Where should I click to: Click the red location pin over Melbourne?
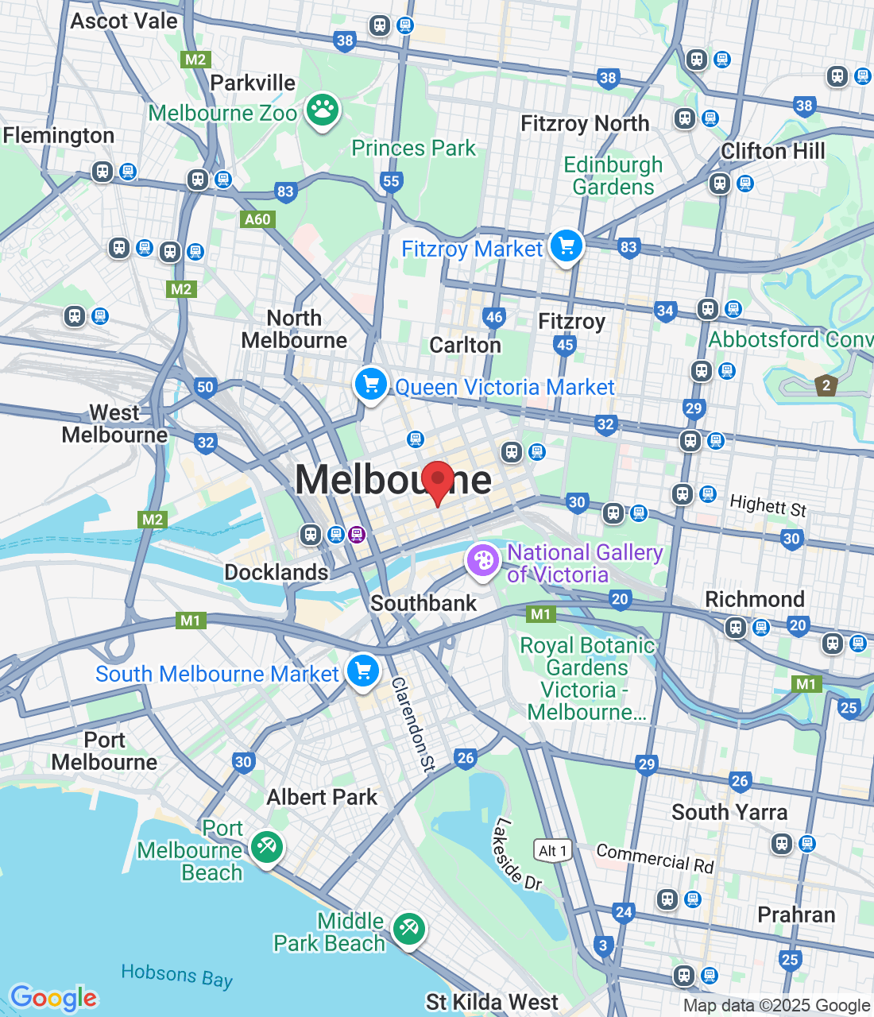pyautogui.click(x=437, y=481)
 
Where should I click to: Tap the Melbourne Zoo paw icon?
pyautogui.click(x=322, y=110)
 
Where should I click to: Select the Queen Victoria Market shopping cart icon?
pyautogui.click(x=370, y=385)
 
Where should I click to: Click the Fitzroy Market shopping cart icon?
pyautogui.click(x=566, y=246)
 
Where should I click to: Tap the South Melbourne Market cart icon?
pyautogui.click(x=363, y=671)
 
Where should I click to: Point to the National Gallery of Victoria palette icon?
pyautogui.click(x=482, y=561)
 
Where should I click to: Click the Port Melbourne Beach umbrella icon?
pyautogui.click(x=266, y=847)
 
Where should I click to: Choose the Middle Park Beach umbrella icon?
pyautogui.click(x=408, y=928)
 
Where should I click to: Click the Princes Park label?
pyautogui.click(x=413, y=148)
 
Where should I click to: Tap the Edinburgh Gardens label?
pyautogui.click(x=613, y=176)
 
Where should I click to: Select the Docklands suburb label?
pyautogui.click(x=276, y=572)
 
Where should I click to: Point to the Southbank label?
pyautogui.click(x=423, y=603)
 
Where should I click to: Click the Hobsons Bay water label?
pyautogui.click(x=176, y=976)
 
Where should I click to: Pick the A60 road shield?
pyautogui.click(x=257, y=219)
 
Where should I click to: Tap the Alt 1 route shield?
pyautogui.click(x=552, y=851)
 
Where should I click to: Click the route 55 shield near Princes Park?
pyautogui.click(x=391, y=181)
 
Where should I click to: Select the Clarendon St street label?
pyautogui.click(x=413, y=724)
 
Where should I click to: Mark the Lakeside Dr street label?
pyautogui.click(x=516, y=853)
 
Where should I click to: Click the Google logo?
pyautogui.click(x=54, y=998)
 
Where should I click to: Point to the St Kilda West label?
pyautogui.click(x=492, y=1002)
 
